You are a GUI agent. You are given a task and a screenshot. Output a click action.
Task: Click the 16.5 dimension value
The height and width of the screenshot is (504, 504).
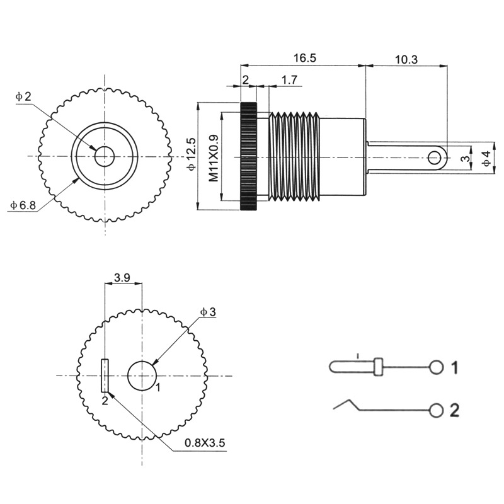(304, 58)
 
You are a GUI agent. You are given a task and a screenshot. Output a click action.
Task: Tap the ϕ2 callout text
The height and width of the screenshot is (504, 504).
(23, 96)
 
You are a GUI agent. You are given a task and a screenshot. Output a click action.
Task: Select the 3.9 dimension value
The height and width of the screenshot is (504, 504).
(122, 276)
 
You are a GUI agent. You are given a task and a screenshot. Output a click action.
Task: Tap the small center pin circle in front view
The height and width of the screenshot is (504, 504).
(104, 155)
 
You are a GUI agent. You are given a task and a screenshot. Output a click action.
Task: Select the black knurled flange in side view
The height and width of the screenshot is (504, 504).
(248, 156)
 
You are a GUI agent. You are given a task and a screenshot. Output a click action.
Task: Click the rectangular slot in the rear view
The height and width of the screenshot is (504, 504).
(105, 375)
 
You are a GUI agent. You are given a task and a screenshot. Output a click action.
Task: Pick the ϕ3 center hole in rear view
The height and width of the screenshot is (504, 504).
(142, 375)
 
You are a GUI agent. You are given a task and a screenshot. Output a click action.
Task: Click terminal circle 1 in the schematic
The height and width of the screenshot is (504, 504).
(436, 367)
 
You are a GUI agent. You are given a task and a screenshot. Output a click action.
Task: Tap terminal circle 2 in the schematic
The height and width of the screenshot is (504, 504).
(436, 411)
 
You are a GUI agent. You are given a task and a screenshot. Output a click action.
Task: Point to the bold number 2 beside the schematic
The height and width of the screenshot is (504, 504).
(454, 411)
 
